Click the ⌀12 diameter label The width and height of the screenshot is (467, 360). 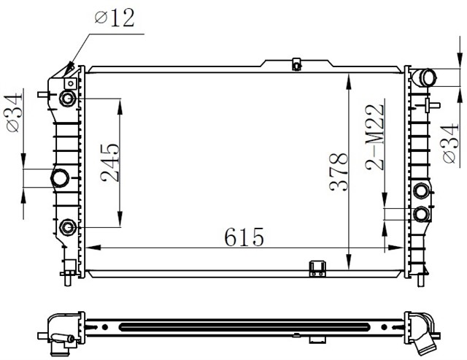(x=115, y=18)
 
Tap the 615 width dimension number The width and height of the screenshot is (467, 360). (x=244, y=237)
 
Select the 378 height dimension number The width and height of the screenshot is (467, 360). (x=339, y=172)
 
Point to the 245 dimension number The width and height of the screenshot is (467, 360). (x=110, y=163)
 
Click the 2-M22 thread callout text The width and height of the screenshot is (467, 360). (x=374, y=137)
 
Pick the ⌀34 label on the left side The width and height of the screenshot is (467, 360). (x=14, y=112)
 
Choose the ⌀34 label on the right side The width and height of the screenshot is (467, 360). (x=450, y=143)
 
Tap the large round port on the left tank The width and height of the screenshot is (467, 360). (x=60, y=178)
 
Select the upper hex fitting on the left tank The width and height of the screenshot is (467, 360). (x=67, y=99)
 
